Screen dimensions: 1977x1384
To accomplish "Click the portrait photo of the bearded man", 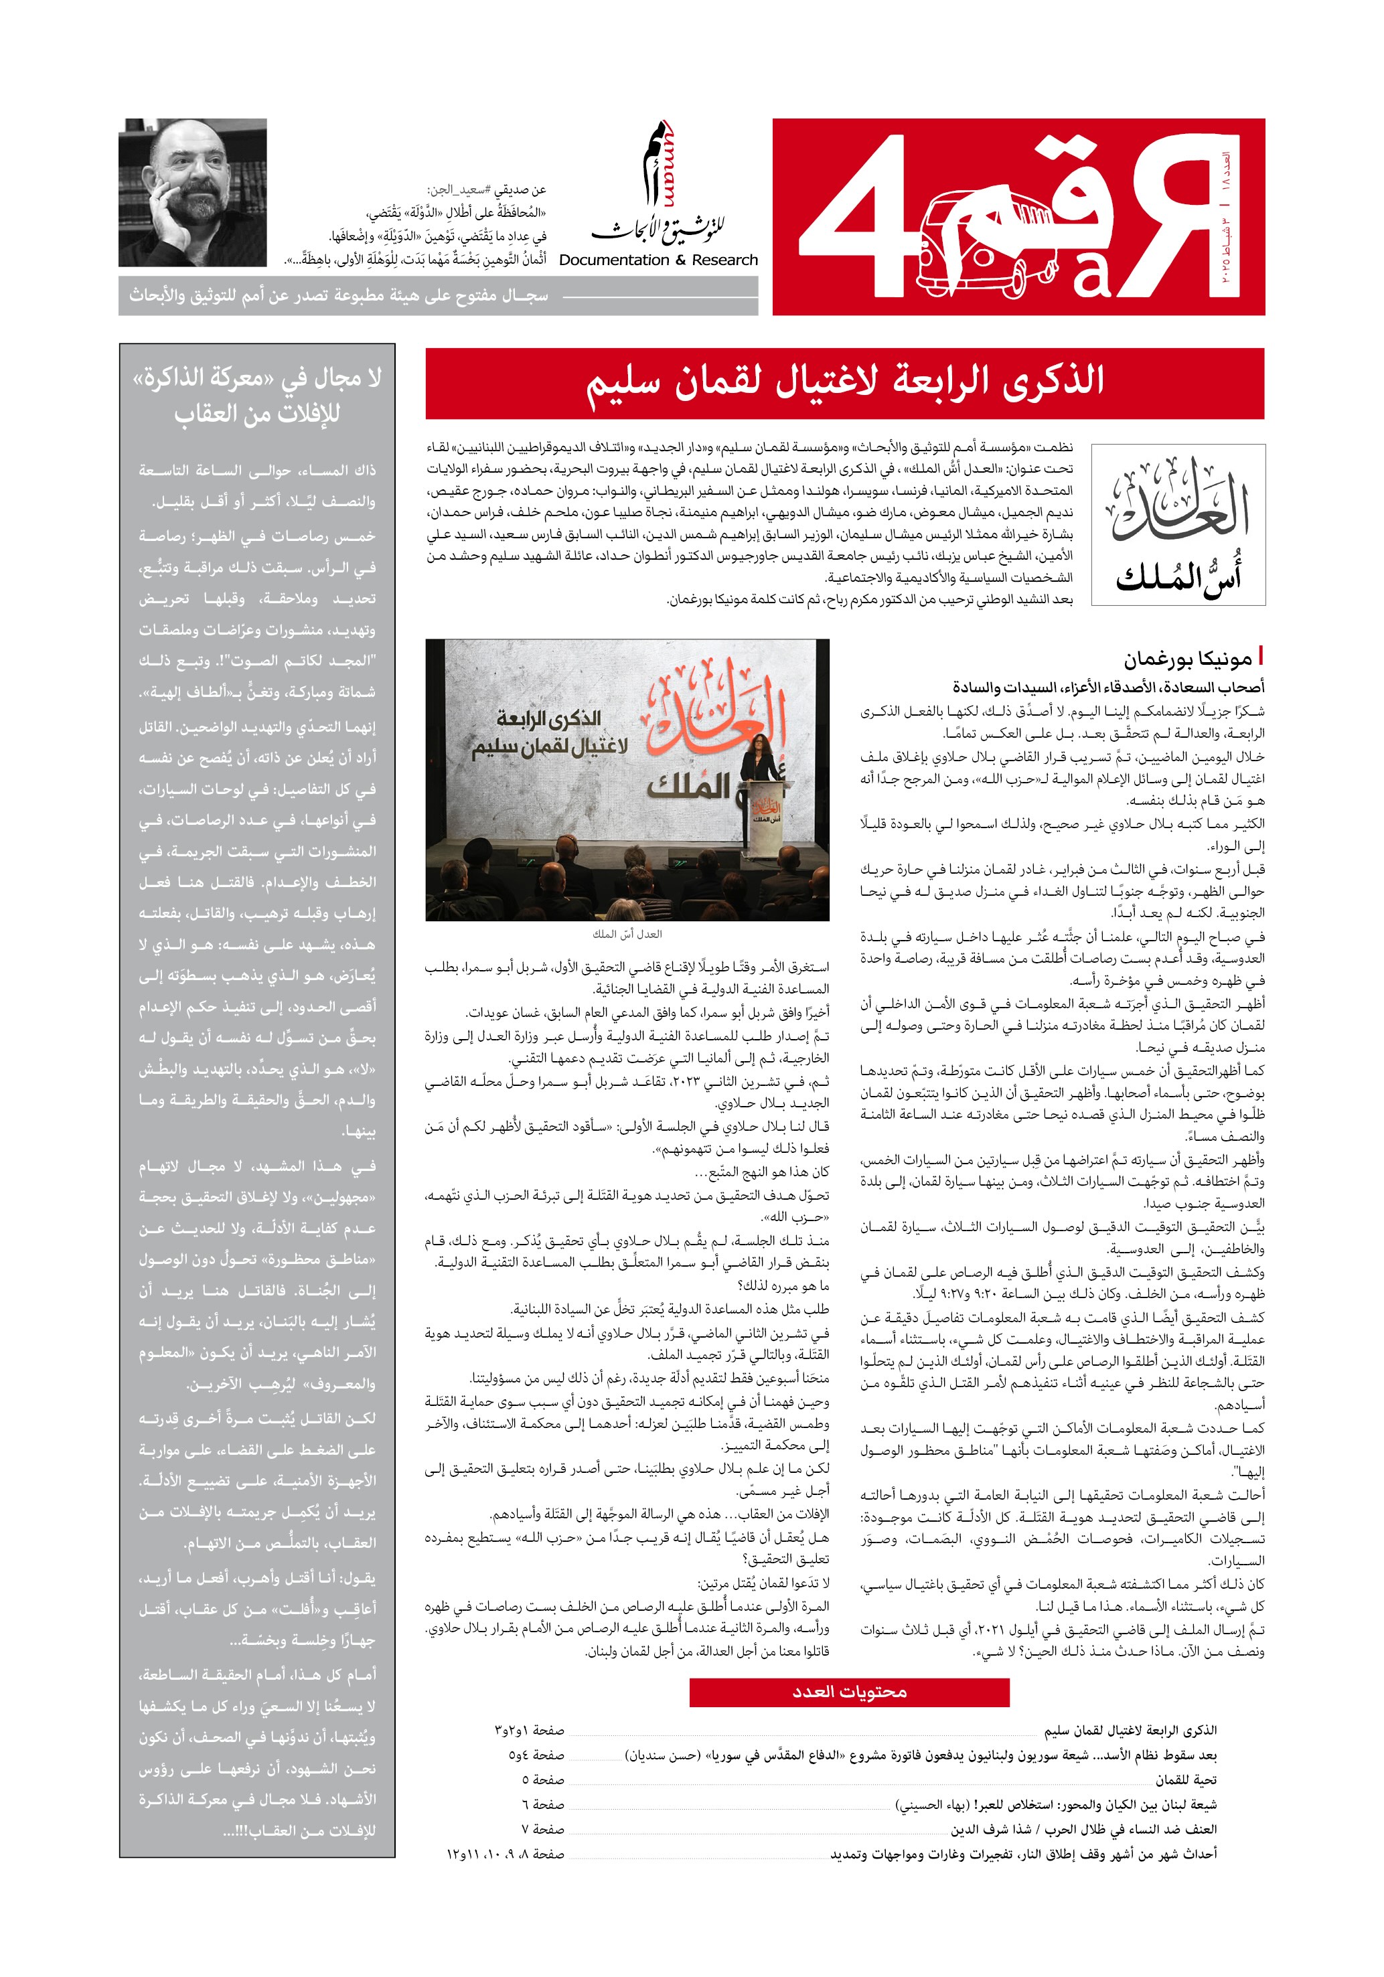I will tap(193, 193).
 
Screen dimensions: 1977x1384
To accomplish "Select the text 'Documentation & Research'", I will tap(658, 260).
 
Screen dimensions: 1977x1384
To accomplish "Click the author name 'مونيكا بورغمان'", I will tap(1186, 659).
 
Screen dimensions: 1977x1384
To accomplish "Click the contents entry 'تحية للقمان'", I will tap(1186, 1780).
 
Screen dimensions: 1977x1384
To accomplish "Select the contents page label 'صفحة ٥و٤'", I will tap(536, 1755).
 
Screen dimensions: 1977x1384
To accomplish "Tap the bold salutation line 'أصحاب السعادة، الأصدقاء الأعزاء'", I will tap(1107, 687).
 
